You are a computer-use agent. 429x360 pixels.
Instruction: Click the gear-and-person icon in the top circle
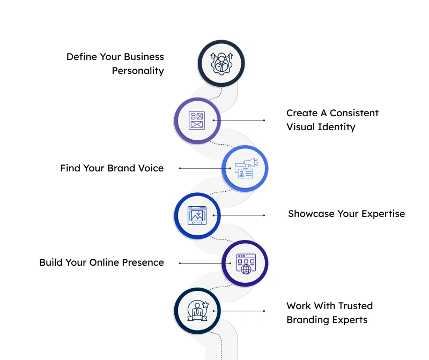[x=221, y=63]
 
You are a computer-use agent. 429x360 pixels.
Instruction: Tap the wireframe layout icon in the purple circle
[x=197, y=121]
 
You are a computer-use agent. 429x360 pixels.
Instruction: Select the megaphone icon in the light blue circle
[x=245, y=168]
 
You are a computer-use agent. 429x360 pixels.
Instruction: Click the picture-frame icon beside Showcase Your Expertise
[x=197, y=215]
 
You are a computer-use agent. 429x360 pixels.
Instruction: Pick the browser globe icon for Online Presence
[x=245, y=263]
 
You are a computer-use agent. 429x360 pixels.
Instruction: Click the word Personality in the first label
[x=138, y=71]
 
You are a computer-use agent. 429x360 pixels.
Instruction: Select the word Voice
[x=151, y=168]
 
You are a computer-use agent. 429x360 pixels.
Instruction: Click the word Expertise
[x=383, y=214]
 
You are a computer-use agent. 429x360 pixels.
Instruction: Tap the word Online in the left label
[x=105, y=262]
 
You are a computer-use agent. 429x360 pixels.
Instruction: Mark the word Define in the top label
[x=81, y=57]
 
